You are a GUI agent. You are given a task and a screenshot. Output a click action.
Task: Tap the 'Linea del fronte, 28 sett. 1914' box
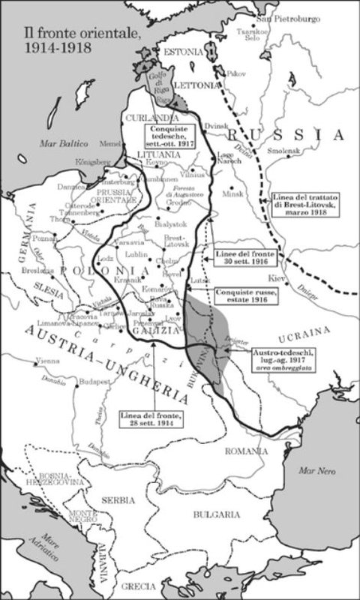coord(153,418)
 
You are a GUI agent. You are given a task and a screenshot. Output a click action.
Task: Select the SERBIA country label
coord(119,500)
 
